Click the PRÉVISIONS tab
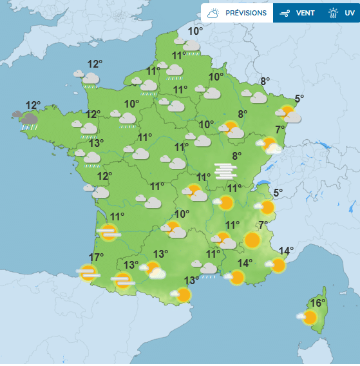point(237,13)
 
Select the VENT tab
point(297,13)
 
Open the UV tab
point(341,13)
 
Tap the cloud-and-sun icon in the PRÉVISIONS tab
point(214,13)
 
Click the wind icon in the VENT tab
point(283,13)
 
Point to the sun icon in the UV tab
point(333,13)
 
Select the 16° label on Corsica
point(317,303)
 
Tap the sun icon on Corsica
point(309,317)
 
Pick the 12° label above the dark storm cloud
point(33,105)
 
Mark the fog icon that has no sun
point(226,170)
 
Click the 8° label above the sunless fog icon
point(236,155)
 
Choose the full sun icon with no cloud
point(252,241)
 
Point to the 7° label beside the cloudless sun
point(263,225)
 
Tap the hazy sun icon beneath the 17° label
point(87,273)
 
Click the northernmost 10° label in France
point(195,31)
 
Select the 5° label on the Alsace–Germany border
point(299,99)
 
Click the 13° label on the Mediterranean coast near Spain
point(191,280)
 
